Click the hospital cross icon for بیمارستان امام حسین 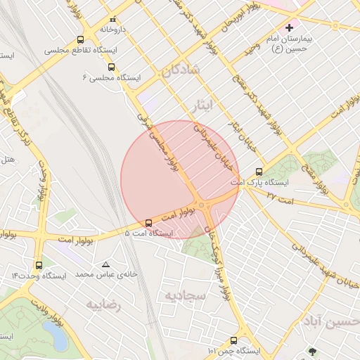(x=289, y=27)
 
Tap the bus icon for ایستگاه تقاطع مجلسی (x=80, y=40)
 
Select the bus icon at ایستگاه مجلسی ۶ (x=112, y=67)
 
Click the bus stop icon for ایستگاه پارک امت (x=259, y=171)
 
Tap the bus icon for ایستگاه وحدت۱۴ (x=39, y=266)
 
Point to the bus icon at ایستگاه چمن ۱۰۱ (x=243, y=340)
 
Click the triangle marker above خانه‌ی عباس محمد (x=105, y=265)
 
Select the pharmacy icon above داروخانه (x=112, y=19)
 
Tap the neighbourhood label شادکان (x=181, y=71)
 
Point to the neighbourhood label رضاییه (x=103, y=305)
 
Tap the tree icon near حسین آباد (x=312, y=350)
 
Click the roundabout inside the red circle (x=202, y=205)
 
